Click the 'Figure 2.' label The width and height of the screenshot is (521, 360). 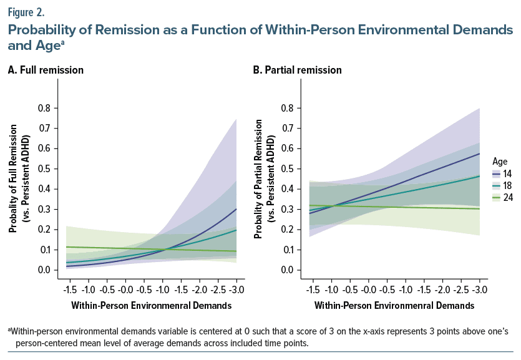click(x=26, y=12)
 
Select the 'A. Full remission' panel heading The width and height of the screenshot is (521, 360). click(x=46, y=70)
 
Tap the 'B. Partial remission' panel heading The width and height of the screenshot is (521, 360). click(x=298, y=70)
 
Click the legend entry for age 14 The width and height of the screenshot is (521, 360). click(x=502, y=173)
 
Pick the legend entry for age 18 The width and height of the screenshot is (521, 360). click(x=502, y=186)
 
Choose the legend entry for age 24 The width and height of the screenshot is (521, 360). click(x=502, y=198)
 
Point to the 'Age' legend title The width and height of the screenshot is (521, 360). click(x=500, y=162)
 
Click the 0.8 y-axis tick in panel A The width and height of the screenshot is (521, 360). click(x=44, y=108)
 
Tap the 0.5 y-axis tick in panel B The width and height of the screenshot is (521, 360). click(x=288, y=168)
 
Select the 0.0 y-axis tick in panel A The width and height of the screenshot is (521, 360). click(x=44, y=270)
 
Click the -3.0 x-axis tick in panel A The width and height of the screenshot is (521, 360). click(x=236, y=289)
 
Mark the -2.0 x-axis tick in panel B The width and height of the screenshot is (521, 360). click(x=442, y=289)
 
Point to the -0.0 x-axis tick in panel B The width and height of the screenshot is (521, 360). click(x=368, y=289)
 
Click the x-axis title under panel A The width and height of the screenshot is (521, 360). click(x=152, y=306)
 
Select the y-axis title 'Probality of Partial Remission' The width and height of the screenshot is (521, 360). click(x=258, y=179)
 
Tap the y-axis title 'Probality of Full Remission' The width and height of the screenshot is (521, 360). click(x=13, y=178)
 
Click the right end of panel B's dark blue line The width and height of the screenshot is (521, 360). click(x=479, y=153)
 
